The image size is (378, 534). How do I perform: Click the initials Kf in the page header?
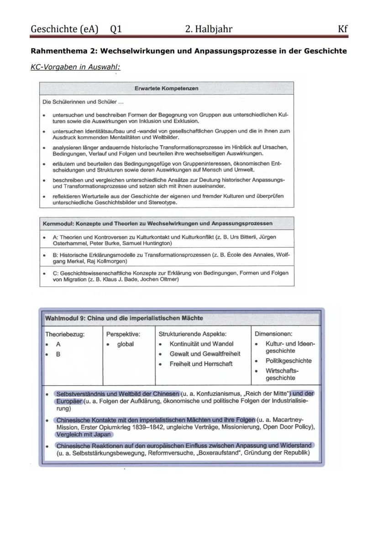(342, 29)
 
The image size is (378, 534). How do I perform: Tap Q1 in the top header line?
(116, 29)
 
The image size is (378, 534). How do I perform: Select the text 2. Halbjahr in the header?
(209, 29)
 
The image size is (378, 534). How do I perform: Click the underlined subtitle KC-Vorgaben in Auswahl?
(75, 66)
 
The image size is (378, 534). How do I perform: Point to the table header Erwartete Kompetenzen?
(166, 88)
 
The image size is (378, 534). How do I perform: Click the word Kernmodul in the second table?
(58, 223)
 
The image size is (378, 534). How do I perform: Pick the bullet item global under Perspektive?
(125, 344)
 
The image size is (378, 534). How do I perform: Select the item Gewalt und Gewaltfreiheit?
(205, 354)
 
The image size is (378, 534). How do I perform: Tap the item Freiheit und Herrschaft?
(201, 364)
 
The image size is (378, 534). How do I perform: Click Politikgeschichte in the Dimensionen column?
(289, 361)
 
